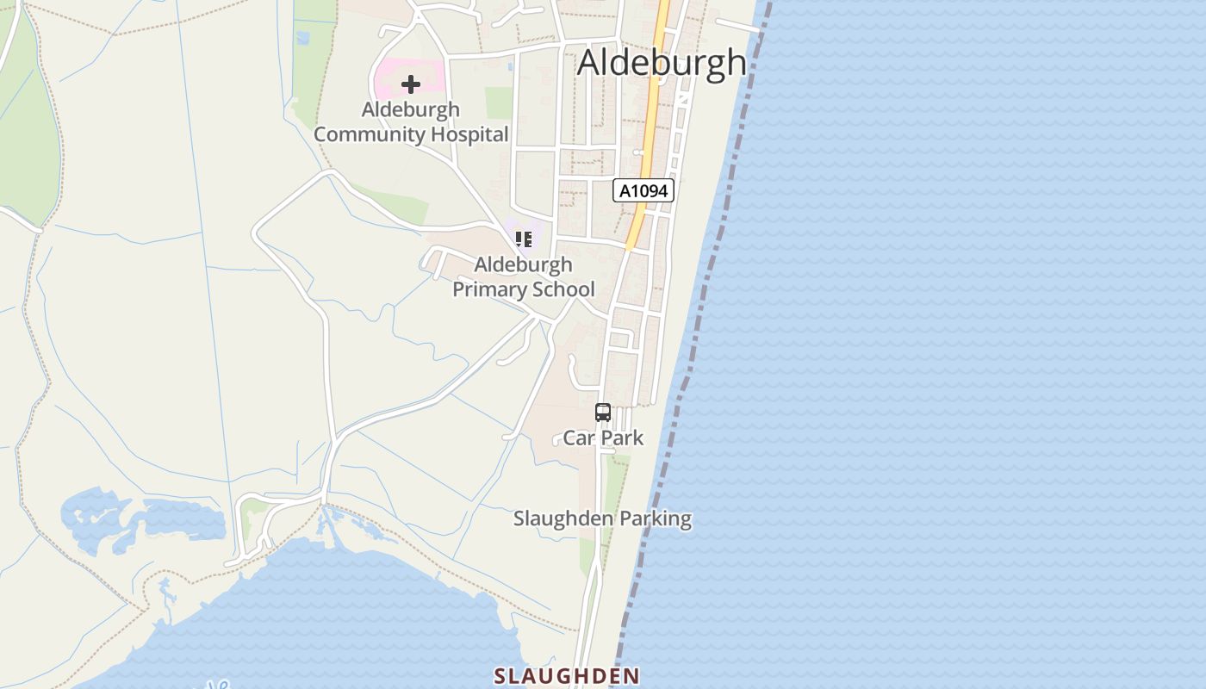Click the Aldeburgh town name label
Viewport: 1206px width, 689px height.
coord(662,63)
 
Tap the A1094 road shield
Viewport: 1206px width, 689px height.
coord(643,190)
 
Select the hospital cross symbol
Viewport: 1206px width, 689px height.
coord(411,84)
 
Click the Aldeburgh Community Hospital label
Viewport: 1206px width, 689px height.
coord(411,122)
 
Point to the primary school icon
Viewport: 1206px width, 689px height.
coord(523,239)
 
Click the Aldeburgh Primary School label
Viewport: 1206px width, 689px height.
coord(524,276)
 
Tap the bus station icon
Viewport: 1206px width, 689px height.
coord(603,413)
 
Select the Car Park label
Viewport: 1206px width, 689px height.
coord(603,438)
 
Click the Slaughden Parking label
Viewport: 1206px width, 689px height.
coord(602,518)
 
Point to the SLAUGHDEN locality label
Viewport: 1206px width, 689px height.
coord(567,676)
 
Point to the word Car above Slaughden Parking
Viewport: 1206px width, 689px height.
coord(578,438)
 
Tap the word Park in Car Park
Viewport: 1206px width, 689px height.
coord(621,438)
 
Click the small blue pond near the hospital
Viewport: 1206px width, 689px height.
coord(302,38)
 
